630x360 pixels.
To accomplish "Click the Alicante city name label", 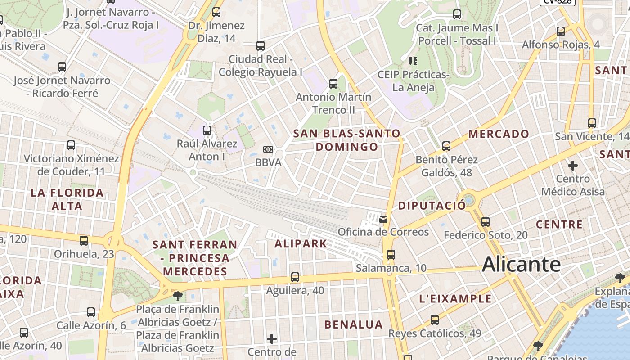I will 521,264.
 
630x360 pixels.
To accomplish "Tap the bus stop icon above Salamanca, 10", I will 391,255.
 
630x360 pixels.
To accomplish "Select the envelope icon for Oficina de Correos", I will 383,219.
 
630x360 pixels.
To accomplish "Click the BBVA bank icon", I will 268,149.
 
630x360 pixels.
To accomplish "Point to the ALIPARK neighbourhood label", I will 301,244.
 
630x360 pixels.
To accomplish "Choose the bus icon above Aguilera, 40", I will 295,277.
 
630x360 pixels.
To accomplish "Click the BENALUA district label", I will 354,324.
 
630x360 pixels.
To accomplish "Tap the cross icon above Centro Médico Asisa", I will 573,166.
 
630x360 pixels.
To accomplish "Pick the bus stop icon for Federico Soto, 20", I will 485,222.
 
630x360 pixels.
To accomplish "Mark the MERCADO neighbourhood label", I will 499,134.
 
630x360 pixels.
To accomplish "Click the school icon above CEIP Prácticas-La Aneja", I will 413,61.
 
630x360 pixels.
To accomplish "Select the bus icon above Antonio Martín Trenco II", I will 333,84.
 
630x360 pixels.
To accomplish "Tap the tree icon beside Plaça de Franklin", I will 178,296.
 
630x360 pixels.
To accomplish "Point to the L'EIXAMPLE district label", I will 455,299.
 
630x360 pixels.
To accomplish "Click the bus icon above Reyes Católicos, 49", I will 434,320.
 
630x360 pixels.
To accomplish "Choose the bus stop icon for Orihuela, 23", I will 84,241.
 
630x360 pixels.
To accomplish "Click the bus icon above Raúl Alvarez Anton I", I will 207,130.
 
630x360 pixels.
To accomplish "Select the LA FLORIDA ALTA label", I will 67,199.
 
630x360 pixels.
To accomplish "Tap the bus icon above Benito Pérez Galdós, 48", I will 446,146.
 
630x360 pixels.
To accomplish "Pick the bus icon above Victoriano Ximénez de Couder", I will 71,145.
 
